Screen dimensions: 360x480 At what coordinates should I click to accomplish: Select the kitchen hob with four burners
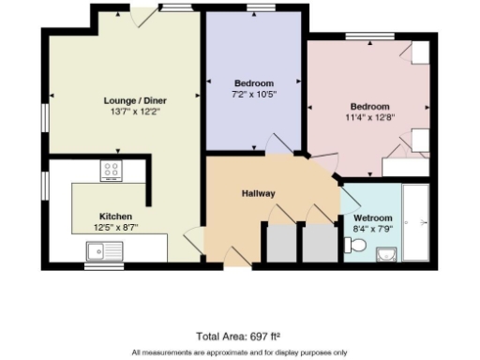(x=112, y=170)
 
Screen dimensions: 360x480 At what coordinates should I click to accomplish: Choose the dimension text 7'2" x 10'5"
(x=253, y=94)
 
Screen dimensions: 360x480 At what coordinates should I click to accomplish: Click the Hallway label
(x=258, y=194)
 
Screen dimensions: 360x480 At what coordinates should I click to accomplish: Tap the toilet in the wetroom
(x=353, y=245)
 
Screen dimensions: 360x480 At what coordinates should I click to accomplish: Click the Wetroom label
(x=371, y=216)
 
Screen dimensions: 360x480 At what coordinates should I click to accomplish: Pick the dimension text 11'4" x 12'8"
(x=369, y=117)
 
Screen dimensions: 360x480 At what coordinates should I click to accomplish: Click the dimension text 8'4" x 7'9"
(x=371, y=227)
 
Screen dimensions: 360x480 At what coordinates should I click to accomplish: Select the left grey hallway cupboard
(x=280, y=243)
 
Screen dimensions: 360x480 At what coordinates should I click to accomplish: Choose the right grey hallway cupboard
(x=317, y=243)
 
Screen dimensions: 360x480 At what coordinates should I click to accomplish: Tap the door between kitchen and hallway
(x=192, y=241)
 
